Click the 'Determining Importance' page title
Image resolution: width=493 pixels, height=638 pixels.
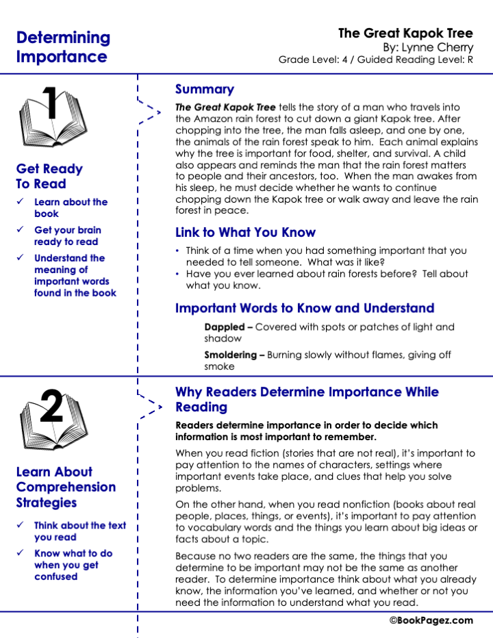point(63,47)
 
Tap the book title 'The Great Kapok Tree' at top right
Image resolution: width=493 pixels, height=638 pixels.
point(405,34)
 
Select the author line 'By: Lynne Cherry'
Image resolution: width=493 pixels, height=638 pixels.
point(427,47)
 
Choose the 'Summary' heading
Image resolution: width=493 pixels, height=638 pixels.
point(204,89)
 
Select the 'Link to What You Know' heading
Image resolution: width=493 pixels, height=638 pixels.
point(245,232)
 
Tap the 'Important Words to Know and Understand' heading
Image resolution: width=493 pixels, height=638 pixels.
point(305,308)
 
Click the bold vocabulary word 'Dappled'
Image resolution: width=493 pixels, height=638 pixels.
point(224,327)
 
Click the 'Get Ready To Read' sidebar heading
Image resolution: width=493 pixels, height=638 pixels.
point(49,176)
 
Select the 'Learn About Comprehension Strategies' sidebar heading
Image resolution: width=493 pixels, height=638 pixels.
point(66,487)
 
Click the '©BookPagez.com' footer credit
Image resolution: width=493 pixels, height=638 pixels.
point(431,620)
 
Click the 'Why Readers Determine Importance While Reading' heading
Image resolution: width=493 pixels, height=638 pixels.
point(307,399)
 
